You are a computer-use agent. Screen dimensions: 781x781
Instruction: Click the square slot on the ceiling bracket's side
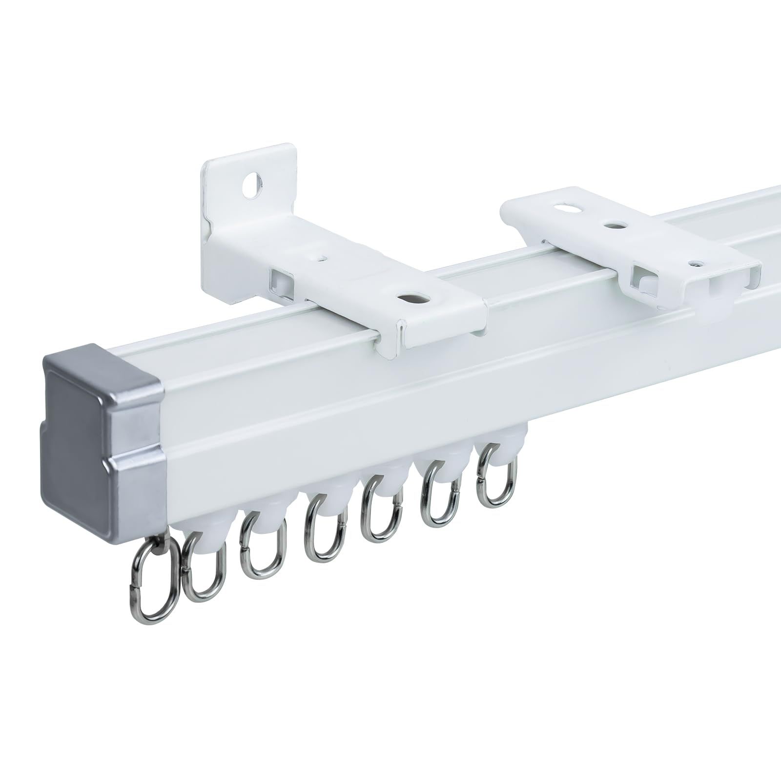[641, 282]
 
